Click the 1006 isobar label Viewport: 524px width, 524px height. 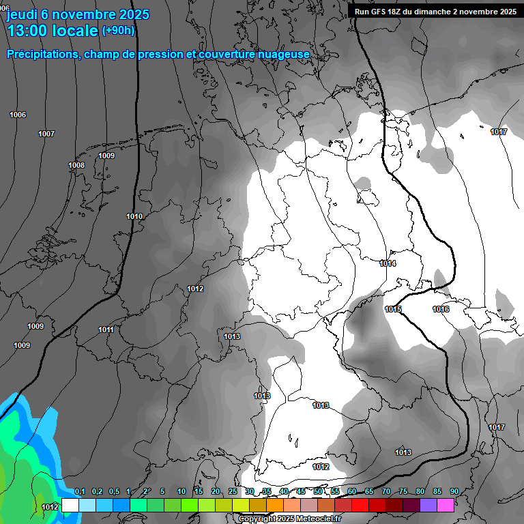tap(18, 115)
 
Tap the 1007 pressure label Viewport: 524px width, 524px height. tap(46, 134)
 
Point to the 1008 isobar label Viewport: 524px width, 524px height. tap(76, 166)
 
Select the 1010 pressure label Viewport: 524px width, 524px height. tap(134, 216)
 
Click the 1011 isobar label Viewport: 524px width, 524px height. tap(106, 330)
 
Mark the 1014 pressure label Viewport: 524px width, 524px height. tap(388, 263)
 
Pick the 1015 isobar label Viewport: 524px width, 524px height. tap(393, 310)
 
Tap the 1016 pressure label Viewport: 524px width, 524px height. tap(441, 310)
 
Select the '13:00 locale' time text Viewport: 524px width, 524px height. tap(53, 31)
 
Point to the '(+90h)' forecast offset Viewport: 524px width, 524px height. tap(118, 31)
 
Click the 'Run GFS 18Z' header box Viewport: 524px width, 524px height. tap(435, 12)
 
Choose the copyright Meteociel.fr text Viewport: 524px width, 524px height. tap(289, 519)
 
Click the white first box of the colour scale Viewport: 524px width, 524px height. tap(70, 506)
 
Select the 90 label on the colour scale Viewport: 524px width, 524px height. tap(454, 492)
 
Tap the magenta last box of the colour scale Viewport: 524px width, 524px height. tap(446, 506)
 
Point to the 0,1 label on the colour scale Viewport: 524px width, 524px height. tap(80, 492)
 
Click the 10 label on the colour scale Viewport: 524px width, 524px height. tap(181, 492)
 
